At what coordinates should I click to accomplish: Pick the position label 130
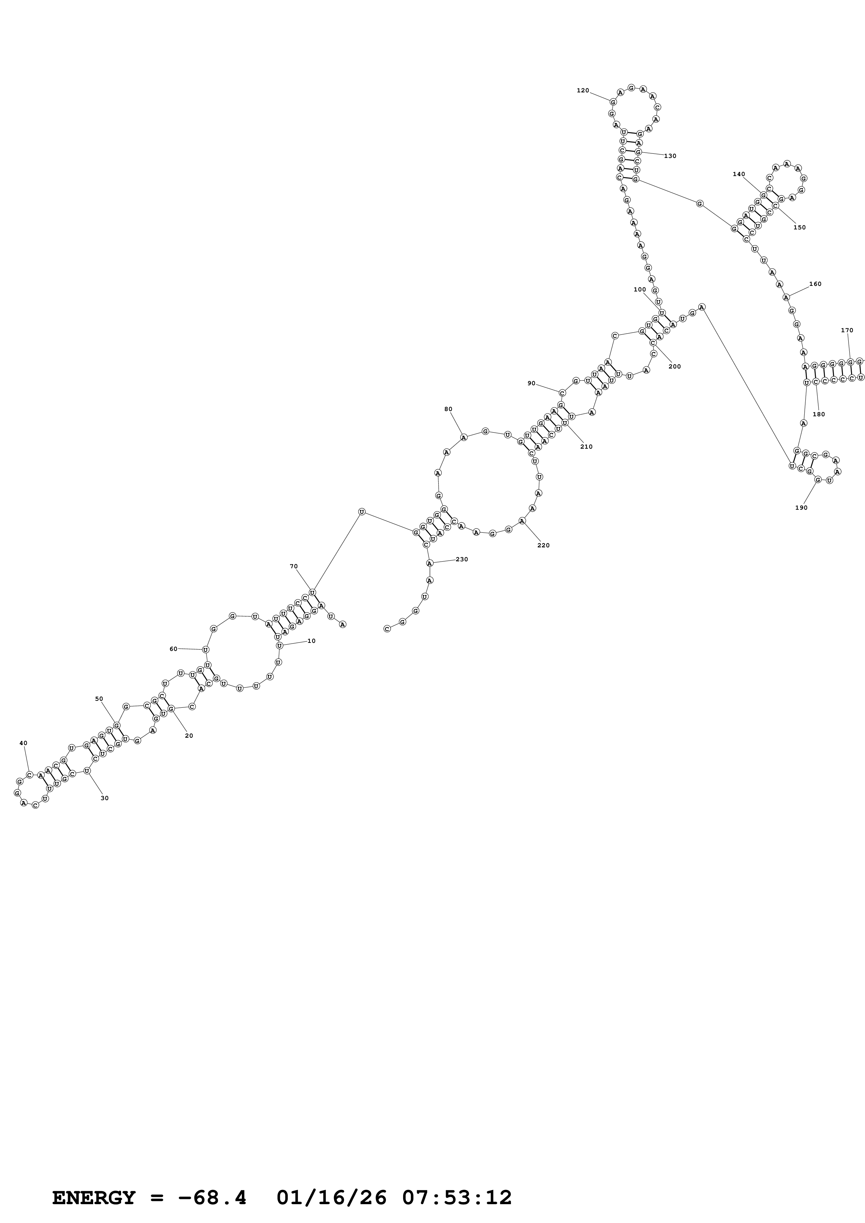[670, 156]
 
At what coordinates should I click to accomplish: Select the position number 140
[739, 174]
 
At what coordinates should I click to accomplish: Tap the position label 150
[799, 227]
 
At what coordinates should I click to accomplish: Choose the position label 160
[815, 284]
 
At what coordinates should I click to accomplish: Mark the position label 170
[847, 330]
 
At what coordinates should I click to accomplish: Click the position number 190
[801, 508]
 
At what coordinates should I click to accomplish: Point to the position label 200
[675, 366]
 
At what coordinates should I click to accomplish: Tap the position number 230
[462, 559]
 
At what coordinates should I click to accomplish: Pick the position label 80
[448, 409]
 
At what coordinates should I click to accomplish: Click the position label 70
[294, 566]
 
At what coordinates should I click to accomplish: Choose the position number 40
[23, 743]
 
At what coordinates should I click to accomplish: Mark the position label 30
[104, 798]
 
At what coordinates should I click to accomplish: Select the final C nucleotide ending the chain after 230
[387, 629]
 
